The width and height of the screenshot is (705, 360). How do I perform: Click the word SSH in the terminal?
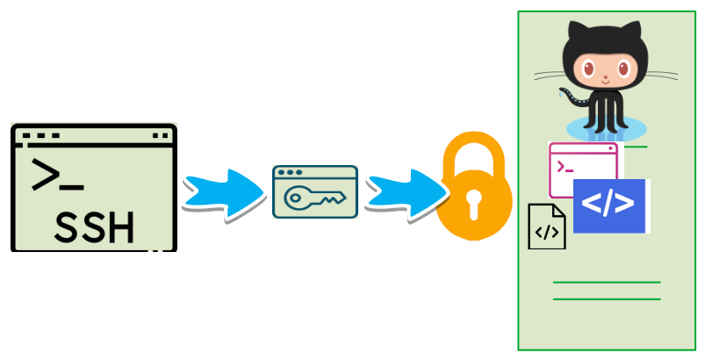click(x=95, y=227)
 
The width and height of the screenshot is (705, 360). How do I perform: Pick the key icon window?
click(x=315, y=191)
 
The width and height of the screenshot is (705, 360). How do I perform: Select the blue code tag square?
click(x=609, y=205)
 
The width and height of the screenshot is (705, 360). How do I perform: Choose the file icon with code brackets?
click(x=546, y=227)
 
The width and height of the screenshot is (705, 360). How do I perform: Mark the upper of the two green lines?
click(x=606, y=283)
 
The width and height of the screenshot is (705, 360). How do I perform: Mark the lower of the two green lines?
click(x=606, y=299)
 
